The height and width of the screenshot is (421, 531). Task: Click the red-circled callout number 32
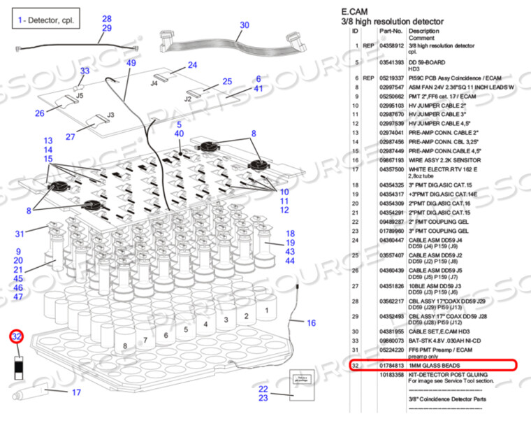click(x=17, y=337)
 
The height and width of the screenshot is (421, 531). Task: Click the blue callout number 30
click(x=244, y=25)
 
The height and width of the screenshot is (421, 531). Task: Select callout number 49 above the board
click(x=131, y=63)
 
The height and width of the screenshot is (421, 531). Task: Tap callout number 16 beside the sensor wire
click(x=311, y=323)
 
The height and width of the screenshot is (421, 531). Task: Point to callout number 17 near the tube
click(x=76, y=392)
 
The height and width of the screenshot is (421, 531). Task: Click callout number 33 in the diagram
click(x=85, y=71)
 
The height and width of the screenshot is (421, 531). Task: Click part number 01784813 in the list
click(x=391, y=365)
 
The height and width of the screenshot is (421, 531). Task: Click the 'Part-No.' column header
click(x=391, y=31)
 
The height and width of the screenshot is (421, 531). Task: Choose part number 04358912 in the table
click(x=391, y=45)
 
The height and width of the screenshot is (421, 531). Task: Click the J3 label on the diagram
click(x=110, y=114)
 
